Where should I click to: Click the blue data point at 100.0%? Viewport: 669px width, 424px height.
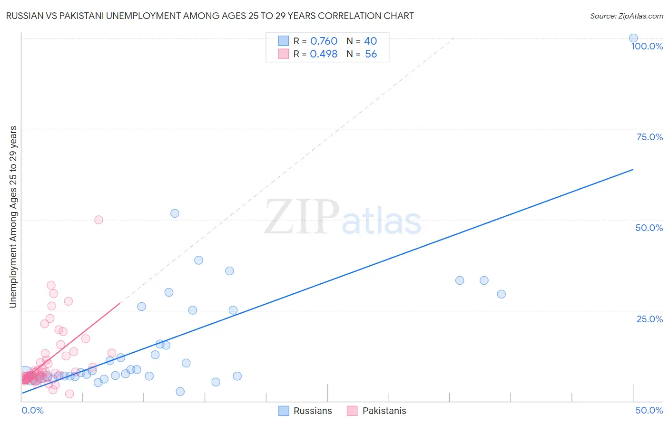[633, 38]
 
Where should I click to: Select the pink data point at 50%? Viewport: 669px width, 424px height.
[98, 220]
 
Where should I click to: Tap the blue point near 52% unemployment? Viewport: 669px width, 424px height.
[175, 213]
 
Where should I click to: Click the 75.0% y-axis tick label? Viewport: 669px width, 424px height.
[649, 137]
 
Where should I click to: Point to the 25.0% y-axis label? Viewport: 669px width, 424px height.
[649, 319]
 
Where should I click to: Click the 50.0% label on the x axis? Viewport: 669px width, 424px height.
[649, 410]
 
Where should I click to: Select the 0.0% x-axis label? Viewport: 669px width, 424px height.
[32, 410]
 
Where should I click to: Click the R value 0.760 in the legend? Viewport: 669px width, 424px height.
[324, 41]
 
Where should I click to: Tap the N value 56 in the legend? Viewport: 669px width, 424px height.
[371, 54]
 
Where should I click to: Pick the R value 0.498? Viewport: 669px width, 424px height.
[324, 54]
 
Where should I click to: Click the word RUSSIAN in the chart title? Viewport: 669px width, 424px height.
[24, 16]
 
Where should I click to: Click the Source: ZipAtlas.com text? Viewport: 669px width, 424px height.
[626, 16]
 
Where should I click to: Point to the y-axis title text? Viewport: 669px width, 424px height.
[13, 217]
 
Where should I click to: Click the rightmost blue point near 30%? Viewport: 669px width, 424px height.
[501, 294]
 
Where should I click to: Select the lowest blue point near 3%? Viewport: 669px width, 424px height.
[180, 392]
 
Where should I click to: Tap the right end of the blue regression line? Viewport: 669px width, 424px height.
[633, 169]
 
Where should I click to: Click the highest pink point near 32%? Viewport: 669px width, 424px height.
[51, 285]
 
